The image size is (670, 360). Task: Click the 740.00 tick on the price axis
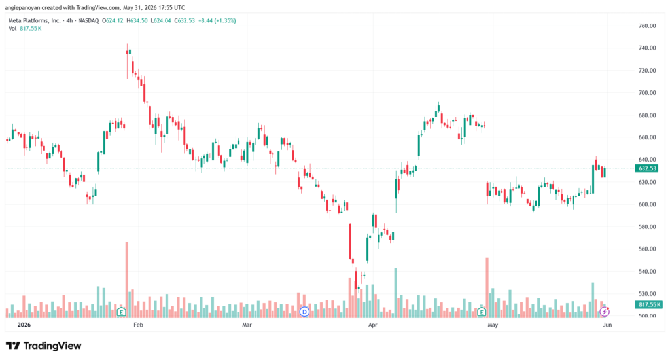click(647, 48)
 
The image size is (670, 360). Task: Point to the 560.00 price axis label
click(647, 249)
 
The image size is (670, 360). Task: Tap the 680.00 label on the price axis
click(647, 115)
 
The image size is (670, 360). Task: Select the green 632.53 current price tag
click(647, 168)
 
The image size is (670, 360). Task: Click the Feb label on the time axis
click(138, 325)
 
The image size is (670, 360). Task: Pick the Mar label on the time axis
click(247, 325)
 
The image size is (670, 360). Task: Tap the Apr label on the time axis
click(372, 325)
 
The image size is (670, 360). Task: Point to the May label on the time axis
click(493, 325)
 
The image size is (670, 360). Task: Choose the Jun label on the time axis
click(607, 325)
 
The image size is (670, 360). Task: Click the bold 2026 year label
click(24, 325)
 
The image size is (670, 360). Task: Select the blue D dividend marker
click(304, 312)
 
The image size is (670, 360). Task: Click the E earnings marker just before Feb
click(121, 312)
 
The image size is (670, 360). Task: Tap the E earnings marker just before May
click(482, 312)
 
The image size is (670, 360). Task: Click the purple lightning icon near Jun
click(604, 312)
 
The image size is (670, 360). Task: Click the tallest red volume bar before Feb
click(126, 279)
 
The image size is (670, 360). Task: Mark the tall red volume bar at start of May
click(487, 287)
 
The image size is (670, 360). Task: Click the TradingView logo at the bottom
click(43, 346)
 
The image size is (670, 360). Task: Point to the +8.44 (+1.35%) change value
click(217, 20)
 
